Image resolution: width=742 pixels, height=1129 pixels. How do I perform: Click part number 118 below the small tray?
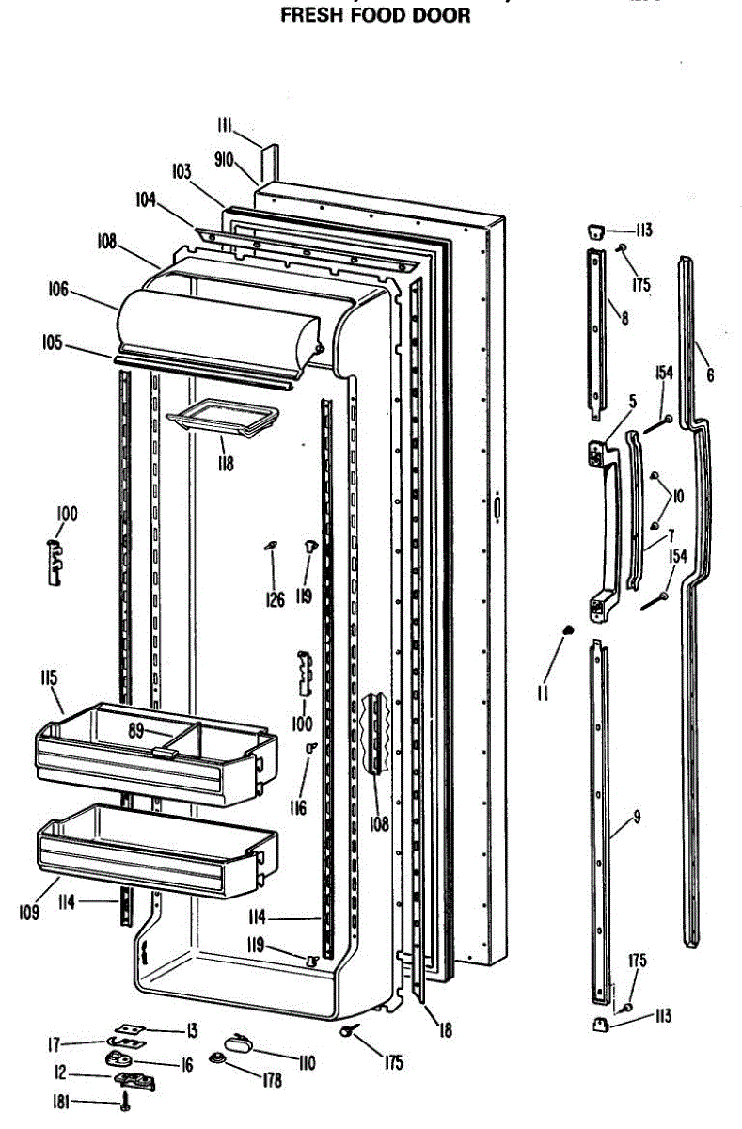point(224,463)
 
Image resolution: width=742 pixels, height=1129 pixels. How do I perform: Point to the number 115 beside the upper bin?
point(48,677)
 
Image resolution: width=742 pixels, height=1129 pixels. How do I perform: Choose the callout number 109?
point(27,912)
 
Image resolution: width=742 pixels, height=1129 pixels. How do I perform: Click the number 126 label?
point(274,599)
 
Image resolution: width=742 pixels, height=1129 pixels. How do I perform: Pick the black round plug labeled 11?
point(567,630)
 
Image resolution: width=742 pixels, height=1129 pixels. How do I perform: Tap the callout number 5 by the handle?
point(633,402)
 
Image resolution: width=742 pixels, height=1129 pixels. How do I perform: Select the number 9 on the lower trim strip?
point(637,817)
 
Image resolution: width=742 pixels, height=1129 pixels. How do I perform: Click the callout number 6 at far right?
point(710,375)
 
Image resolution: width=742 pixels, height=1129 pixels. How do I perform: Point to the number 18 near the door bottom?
point(445,1030)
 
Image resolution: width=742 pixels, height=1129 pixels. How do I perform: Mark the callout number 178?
point(272,1081)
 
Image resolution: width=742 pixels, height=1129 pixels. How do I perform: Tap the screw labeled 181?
point(124,1103)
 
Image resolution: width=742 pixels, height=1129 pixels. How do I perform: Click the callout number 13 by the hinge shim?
point(191,1030)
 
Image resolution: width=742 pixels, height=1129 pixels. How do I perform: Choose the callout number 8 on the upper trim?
point(624,318)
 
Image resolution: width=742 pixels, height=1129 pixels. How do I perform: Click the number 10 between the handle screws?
point(677,495)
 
